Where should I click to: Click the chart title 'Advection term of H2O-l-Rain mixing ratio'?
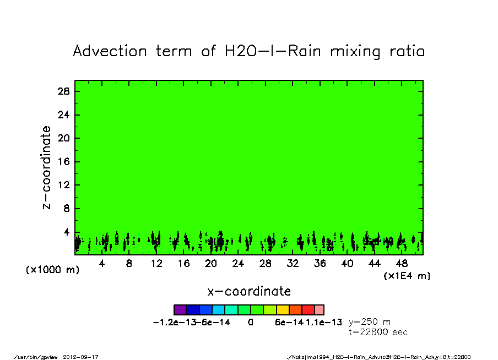[x=249, y=51]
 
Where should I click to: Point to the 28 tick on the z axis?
[x=64, y=91]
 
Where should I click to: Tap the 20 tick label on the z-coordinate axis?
[x=64, y=138]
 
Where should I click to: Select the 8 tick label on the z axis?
[x=67, y=209]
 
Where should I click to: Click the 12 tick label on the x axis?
[x=156, y=264]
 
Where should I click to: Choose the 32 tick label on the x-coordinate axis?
[x=293, y=264]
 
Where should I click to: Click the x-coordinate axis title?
[x=249, y=291]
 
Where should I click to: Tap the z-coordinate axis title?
[x=47, y=167]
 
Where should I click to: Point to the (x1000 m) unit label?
[x=49, y=270]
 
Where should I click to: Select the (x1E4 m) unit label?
[x=407, y=276]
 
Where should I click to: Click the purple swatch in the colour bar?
[x=180, y=310]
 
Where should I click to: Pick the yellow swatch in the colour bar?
[x=283, y=310]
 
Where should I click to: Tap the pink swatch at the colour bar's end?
[x=319, y=310]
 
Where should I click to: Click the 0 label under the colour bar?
[x=250, y=323]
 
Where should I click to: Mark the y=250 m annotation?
[x=370, y=323]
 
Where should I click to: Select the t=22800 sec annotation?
[x=378, y=332]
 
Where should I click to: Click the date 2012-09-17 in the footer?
[x=85, y=357]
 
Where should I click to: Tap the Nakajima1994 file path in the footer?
[x=380, y=357]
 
